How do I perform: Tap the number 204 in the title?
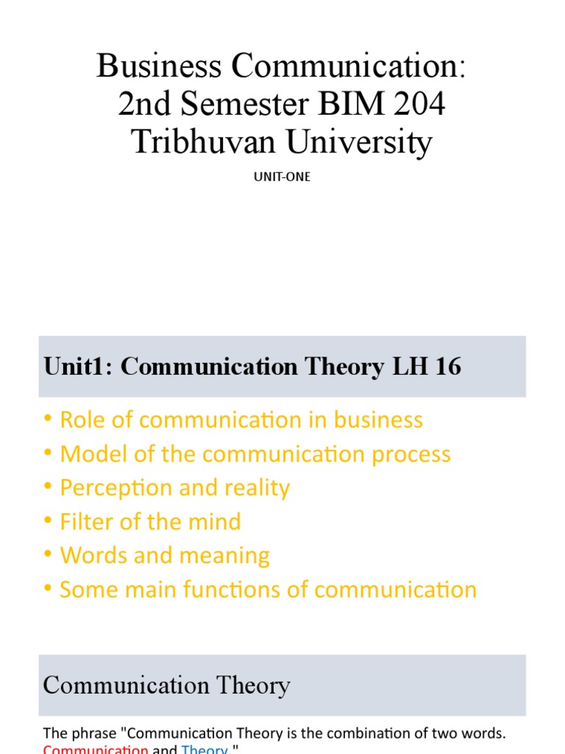[x=419, y=105]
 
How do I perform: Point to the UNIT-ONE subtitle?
[x=282, y=177]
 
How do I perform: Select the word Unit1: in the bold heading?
[x=79, y=367]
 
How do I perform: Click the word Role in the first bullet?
[x=82, y=420]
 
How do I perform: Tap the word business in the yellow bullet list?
[x=378, y=420]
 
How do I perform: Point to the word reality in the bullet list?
[x=252, y=487]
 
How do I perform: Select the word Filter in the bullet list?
[x=87, y=521]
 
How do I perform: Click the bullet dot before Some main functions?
[x=48, y=589]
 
